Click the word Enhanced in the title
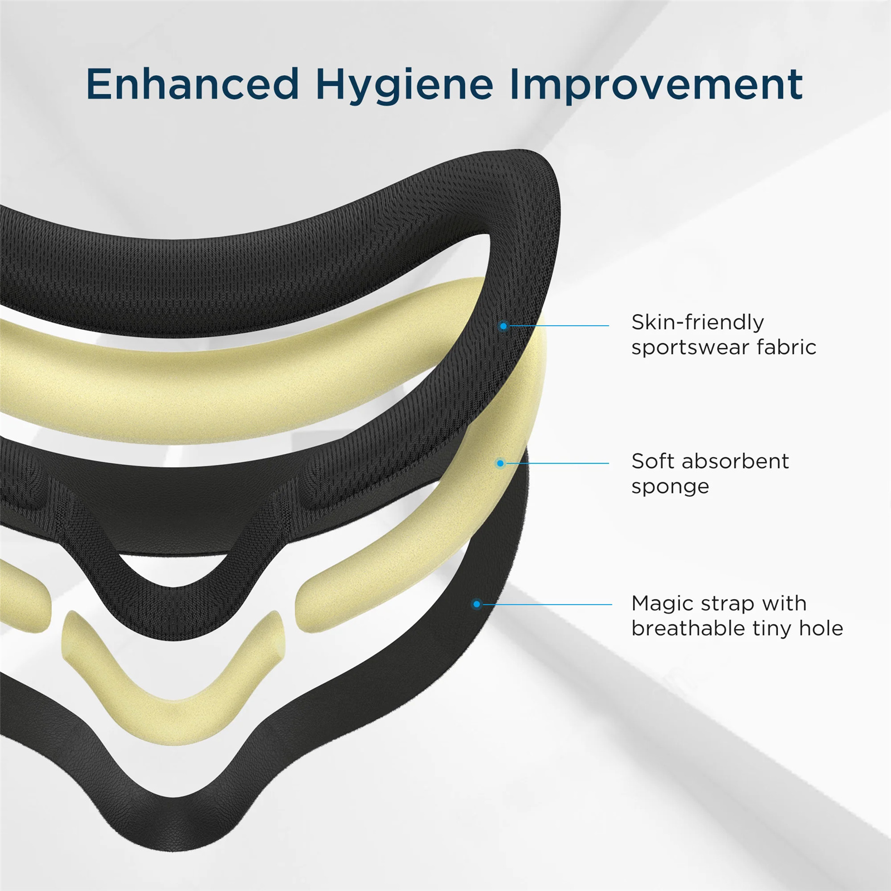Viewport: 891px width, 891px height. [193, 84]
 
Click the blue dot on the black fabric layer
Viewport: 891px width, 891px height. [503, 326]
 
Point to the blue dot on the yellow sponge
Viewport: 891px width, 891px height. [500, 463]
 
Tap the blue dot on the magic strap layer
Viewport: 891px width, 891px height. [477, 604]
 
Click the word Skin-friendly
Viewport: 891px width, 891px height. [698, 322]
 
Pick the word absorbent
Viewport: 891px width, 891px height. [735, 461]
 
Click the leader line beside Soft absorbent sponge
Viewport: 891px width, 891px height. [557, 463]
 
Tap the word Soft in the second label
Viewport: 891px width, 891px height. [653, 461]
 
